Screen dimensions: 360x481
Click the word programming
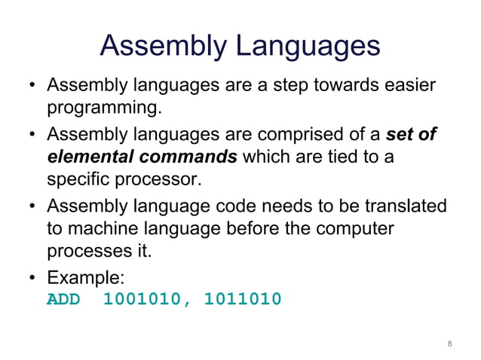tap(104, 108)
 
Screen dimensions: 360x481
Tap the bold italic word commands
tap(183, 158)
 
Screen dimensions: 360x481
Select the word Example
tap(81, 278)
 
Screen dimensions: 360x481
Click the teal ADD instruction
tap(64, 300)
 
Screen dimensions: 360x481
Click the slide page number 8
tap(449, 344)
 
